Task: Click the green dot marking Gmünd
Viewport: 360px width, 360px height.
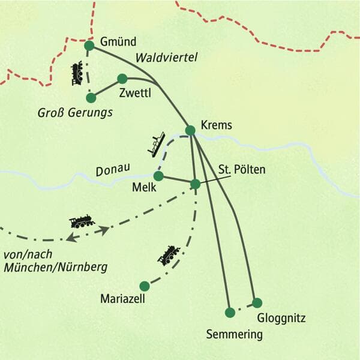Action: click(89, 46)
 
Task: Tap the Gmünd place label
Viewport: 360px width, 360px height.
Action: click(119, 42)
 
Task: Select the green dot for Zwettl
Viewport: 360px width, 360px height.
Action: click(122, 78)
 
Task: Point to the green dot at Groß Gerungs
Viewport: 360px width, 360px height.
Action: click(91, 97)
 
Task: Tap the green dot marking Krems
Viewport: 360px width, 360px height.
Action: click(190, 130)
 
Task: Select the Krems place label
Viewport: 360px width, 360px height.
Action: click(217, 126)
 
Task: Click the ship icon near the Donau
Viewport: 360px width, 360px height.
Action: click(157, 143)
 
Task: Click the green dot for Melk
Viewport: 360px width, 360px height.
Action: click(158, 176)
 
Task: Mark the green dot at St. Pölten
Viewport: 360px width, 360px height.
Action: click(195, 184)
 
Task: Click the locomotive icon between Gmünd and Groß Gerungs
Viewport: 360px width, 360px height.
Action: click(77, 73)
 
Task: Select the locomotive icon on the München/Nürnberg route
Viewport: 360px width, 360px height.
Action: click(82, 221)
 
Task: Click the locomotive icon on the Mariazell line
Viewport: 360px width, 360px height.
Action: click(169, 255)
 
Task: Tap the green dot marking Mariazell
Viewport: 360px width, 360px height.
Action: click(144, 286)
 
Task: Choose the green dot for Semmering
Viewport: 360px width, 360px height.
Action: click(229, 312)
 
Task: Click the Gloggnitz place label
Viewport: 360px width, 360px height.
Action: click(280, 317)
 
